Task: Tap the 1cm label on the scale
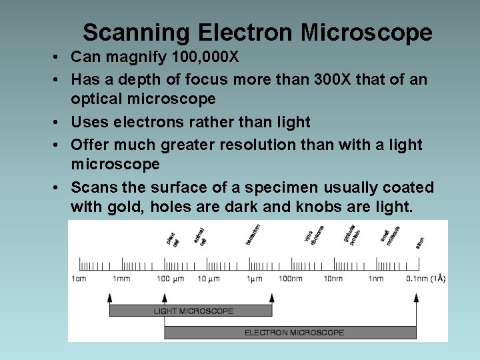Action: click(x=79, y=279)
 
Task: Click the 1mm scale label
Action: click(x=121, y=279)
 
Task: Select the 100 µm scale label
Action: click(x=169, y=279)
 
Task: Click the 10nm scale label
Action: click(x=333, y=279)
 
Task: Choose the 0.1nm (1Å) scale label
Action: click(x=425, y=279)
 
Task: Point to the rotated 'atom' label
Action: click(x=419, y=243)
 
